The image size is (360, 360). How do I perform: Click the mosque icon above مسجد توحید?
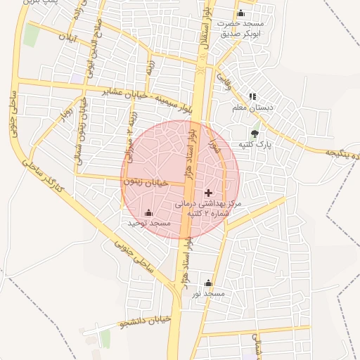pyautogui.click(x=148, y=213)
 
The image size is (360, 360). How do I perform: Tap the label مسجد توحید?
pyautogui.click(x=149, y=224)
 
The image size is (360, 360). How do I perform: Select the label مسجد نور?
pyautogui.click(x=208, y=292)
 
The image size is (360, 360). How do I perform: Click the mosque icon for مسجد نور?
pyautogui.click(x=208, y=283)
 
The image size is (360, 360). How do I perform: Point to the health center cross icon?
pyautogui.click(x=208, y=192)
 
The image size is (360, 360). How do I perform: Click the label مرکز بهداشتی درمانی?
pyautogui.click(x=208, y=202)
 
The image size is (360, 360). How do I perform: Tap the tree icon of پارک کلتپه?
pyautogui.click(x=254, y=134)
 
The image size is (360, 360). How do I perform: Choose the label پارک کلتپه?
pyautogui.click(x=254, y=144)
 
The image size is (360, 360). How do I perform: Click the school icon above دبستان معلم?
pyautogui.click(x=253, y=96)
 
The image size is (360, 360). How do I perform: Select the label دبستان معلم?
pyautogui.click(x=253, y=108)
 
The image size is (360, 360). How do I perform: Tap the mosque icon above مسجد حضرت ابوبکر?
pyautogui.click(x=241, y=13)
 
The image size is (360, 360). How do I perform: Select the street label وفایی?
pyautogui.click(x=224, y=82)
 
